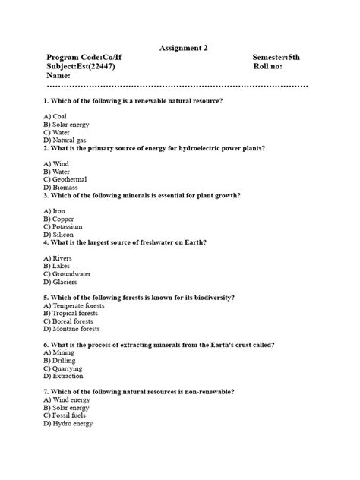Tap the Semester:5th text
tap(277, 58)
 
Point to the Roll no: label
tap(271, 67)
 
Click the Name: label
tap(58, 76)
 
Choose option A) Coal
tap(55, 116)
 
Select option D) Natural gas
tap(65, 141)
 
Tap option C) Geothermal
tap(65, 179)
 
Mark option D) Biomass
tap(61, 187)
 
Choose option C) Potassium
tap(63, 226)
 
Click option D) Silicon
tap(59, 234)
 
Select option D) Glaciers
tap(61, 281)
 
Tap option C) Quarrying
tap(63, 368)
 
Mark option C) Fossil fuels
tap(65, 415)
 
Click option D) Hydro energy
tap(68, 423)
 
